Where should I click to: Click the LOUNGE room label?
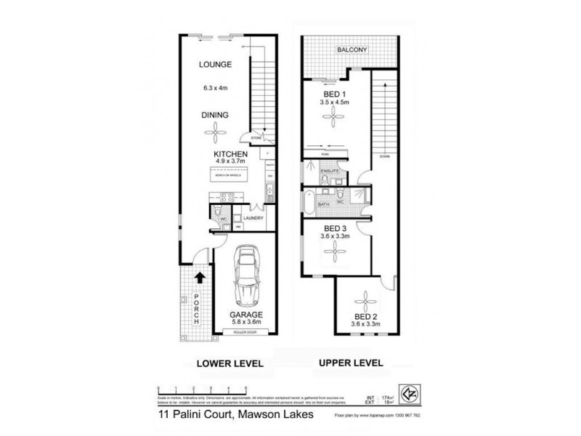[215, 65]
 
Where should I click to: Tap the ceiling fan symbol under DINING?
[215, 132]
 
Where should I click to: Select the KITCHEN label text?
[231, 156]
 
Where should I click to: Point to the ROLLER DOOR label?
[246, 333]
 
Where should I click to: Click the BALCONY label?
[354, 49]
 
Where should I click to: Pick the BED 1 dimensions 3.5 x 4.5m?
[336, 103]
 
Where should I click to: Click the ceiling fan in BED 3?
[336, 252]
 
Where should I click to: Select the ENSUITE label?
[320, 171]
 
